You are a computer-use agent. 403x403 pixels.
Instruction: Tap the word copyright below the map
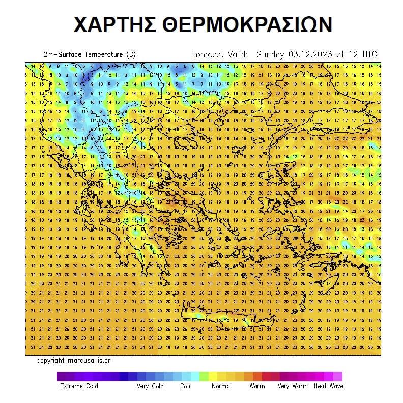[50, 361]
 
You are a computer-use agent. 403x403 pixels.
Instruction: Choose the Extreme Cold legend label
[79, 386]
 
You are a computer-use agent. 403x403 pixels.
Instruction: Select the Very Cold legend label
[150, 386]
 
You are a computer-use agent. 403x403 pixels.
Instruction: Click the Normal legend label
[221, 386]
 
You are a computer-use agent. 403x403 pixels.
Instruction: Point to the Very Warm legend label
[293, 386]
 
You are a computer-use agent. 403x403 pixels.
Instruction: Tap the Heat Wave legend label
[328, 386]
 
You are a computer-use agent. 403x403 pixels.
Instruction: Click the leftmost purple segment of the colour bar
[62, 377]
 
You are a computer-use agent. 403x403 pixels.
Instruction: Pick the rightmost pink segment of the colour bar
[338, 377]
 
